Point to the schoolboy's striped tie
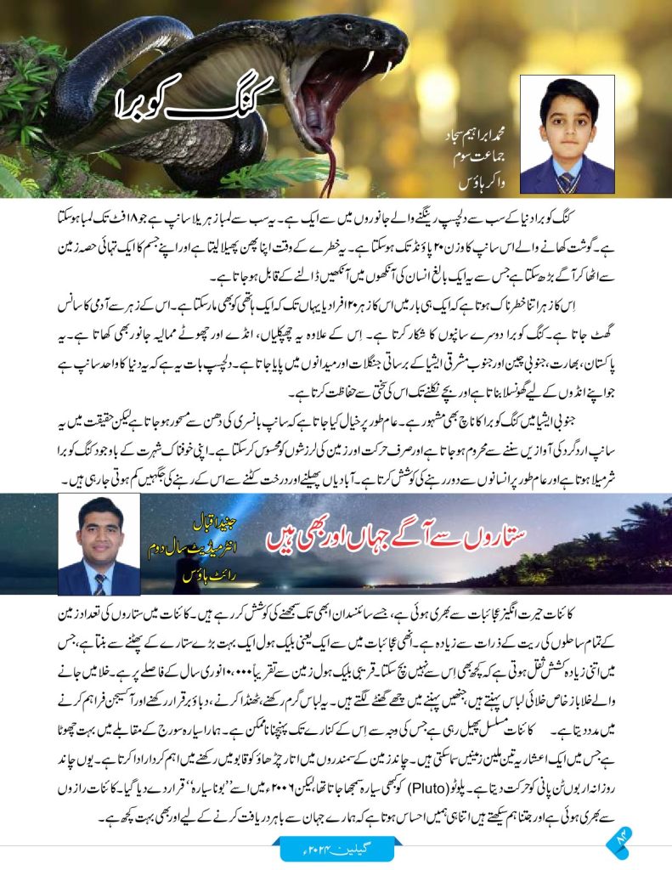pyautogui.click(x=565, y=181)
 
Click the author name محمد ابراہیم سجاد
pyautogui.click(x=478, y=136)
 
